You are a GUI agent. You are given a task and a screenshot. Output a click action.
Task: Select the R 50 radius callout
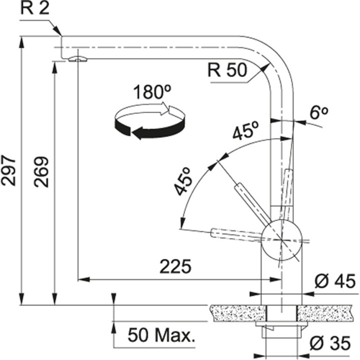pyautogui.click(x=228, y=71)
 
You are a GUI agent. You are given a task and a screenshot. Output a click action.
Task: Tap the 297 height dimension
pyautogui.click(x=9, y=170)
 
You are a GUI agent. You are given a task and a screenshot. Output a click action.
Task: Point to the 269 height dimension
pyautogui.click(x=42, y=172)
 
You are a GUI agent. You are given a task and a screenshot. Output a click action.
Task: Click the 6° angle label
pyautogui.click(x=318, y=113)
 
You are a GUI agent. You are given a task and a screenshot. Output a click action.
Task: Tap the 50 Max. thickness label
pyautogui.click(x=160, y=334)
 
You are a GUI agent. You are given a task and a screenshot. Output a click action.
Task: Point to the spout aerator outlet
pyautogui.click(x=77, y=59)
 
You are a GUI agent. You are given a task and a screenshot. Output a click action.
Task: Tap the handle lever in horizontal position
pyautogui.click(x=235, y=233)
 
